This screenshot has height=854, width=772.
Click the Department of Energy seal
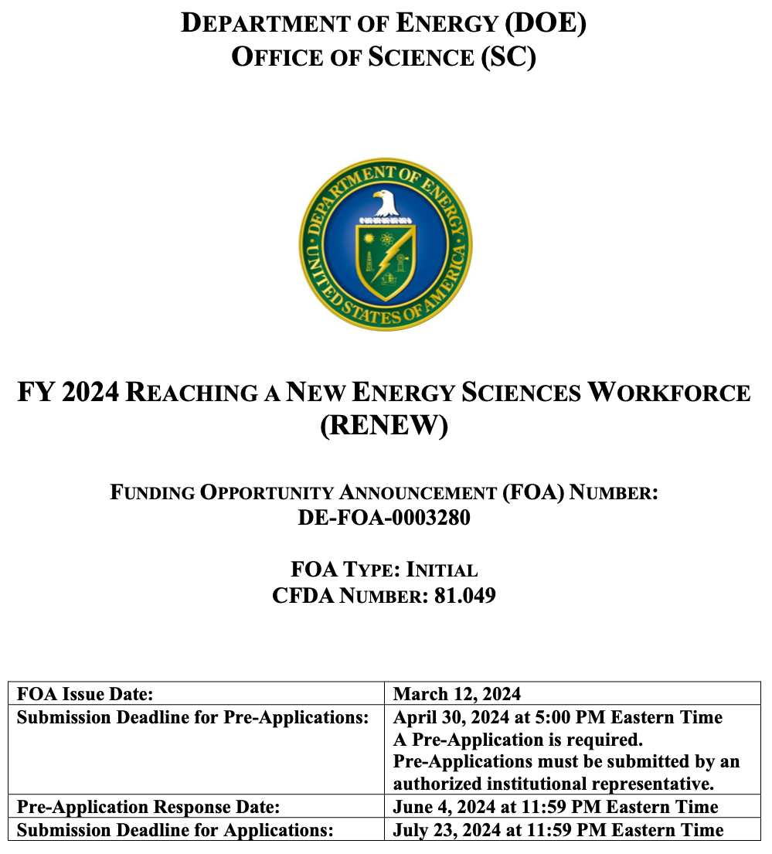[386, 244]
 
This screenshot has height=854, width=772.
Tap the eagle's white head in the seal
[386, 203]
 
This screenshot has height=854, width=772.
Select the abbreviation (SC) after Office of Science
[508, 57]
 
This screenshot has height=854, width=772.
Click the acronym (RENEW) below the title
[384, 426]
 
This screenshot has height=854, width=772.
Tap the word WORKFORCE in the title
[668, 393]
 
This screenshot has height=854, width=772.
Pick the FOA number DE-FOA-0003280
[384, 517]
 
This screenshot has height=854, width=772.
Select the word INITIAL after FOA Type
[441, 570]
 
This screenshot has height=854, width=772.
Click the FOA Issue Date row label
[85, 693]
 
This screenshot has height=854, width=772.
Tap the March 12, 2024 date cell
[457, 693]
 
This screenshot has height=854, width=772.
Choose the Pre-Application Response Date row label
[148, 808]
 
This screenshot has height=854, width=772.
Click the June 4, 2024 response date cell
[556, 808]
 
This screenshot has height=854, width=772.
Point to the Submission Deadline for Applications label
[175, 830]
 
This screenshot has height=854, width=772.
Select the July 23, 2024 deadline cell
[558, 830]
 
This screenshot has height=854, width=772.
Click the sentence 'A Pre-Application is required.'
[518, 740]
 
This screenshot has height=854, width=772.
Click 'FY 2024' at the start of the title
[68, 393]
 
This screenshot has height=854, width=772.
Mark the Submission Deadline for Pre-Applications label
[192, 717]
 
